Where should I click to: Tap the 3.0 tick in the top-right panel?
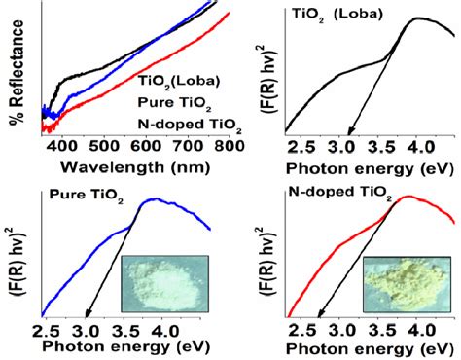[x=342, y=146]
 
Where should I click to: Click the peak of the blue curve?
[x=154, y=199]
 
